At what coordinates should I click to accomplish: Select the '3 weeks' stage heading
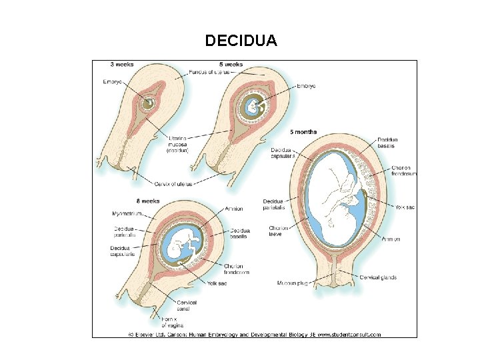click(x=122, y=65)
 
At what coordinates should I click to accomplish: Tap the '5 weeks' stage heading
click(x=231, y=65)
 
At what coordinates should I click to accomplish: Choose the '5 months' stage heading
click(x=303, y=131)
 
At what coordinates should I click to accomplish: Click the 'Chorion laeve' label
click(x=279, y=231)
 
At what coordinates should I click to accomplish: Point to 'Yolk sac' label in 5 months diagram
click(x=405, y=207)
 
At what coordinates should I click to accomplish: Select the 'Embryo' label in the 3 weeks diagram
click(x=113, y=83)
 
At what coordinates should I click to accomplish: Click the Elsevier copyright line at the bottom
click(x=253, y=334)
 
